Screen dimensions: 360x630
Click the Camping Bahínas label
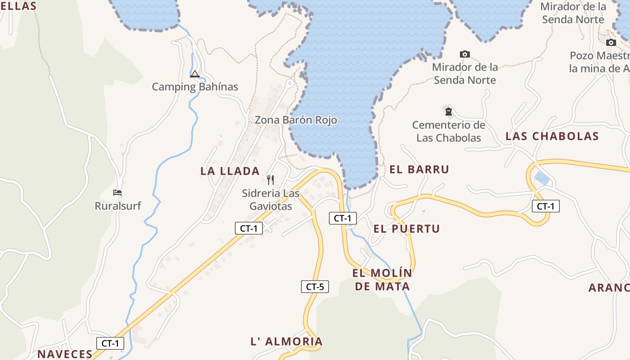(x=194, y=87)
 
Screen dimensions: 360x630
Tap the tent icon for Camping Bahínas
(x=195, y=74)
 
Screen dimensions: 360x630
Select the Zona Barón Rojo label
(x=296, y=120)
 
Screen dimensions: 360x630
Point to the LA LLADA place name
(x=230, y=171)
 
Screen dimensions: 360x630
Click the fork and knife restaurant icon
(x=270, y=180)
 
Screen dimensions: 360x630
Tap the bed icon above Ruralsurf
(x=117, y=193)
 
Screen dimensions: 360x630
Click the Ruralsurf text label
(x=117, y=206)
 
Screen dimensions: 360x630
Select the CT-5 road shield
(x=315, y=287)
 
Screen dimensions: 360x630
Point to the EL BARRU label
(x=419, y=170)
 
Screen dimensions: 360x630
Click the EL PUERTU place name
(x=406, y=229)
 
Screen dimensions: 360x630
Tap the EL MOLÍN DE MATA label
(x=382, y=279)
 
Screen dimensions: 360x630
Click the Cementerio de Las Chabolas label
(x=449, y=131)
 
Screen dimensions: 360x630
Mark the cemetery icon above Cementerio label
(x=448, y=111)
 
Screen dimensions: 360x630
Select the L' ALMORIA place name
(x=286, y=342)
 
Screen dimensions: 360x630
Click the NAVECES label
(x=65, y=354)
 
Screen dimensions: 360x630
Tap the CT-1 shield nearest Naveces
(x=110, y=343)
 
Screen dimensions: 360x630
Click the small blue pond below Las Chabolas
(x=541, y=178)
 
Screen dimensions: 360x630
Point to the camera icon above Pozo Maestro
(x=611, y=42)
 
